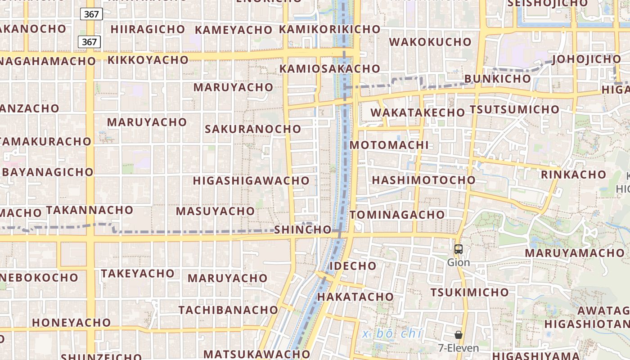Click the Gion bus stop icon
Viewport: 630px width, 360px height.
click(x=459, y=249)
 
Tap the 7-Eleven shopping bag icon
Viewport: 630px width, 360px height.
click(x=459, y=335)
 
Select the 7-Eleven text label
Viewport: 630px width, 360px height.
click(x=459, y=348)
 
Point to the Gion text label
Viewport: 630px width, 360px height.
click(x=459, y=262)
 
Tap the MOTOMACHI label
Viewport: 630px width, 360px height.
click(x=389, y=145)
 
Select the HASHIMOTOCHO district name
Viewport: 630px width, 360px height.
click(x=423, y=180)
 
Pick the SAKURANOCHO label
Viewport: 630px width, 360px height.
click(x=253, y=129)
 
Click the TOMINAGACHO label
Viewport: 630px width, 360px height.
click(x=397, y=215)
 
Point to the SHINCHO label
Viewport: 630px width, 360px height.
click(x=303, y=229)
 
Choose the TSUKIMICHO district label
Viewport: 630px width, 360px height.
click(x=469, y=292)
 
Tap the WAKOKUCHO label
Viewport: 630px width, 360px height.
click(x=430, y=42)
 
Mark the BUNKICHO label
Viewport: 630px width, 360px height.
click(x=497, y=79)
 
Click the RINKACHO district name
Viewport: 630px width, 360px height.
click(x=573, y=175)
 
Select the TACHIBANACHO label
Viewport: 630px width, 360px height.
click(x=229, y=310)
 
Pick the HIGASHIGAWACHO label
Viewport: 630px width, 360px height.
click(x=251, y=181)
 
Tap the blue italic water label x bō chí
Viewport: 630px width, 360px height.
click(x=392, y=334)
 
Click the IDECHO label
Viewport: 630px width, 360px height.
click(x=353, y=266)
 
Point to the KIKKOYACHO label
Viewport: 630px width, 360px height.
click(x=148, y=60)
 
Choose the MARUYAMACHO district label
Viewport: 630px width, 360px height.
click(x=574, y=253)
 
